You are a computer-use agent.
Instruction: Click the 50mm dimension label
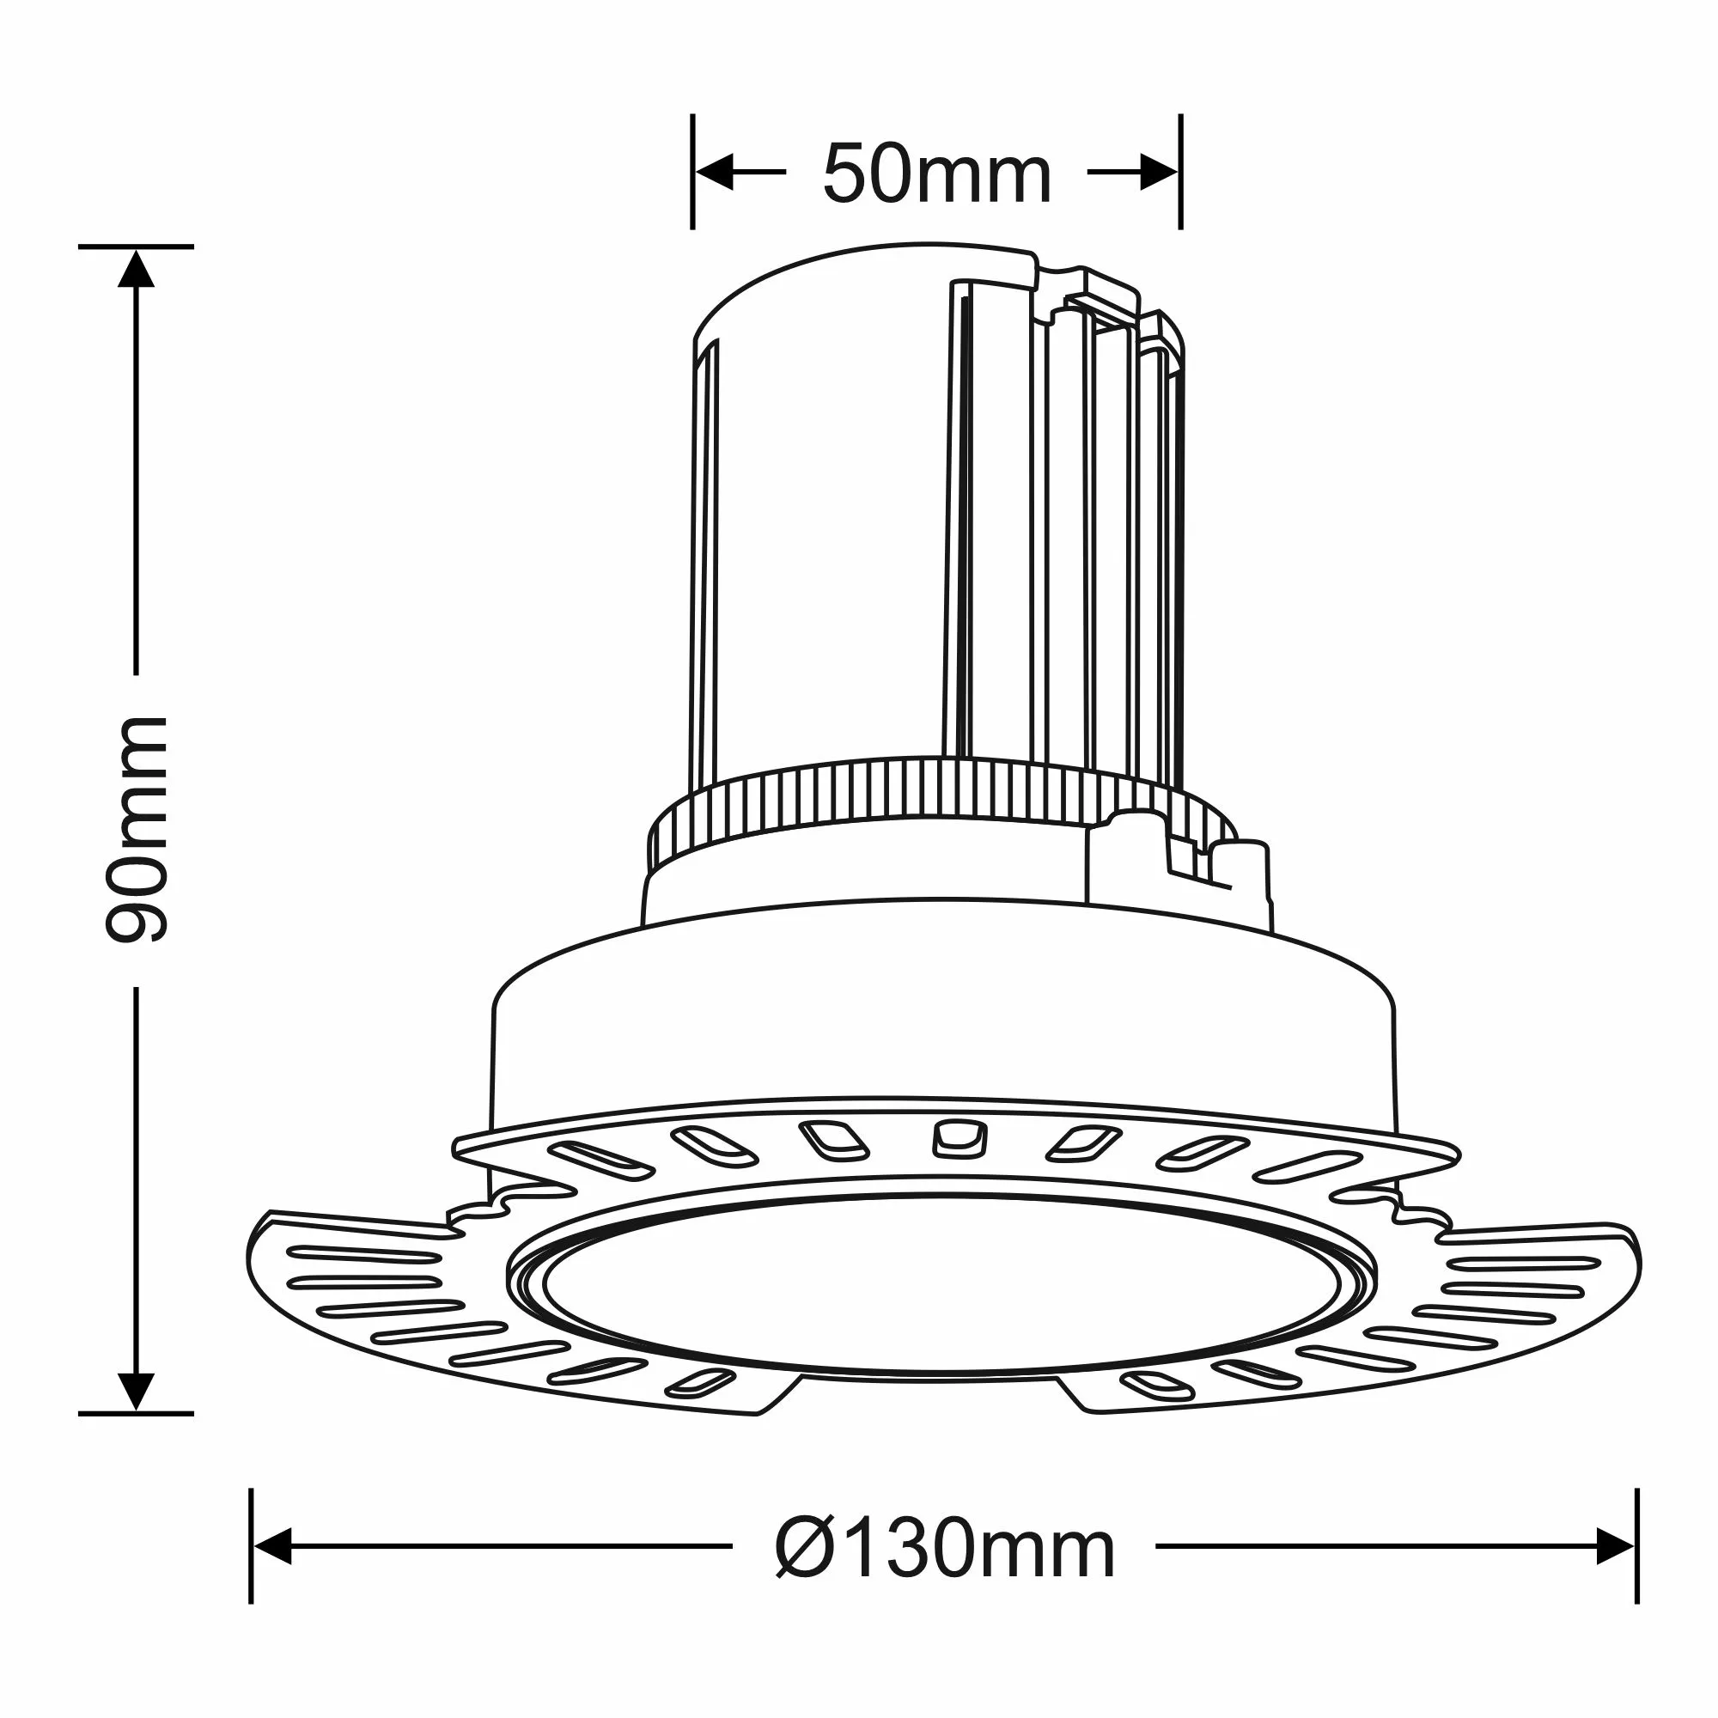click(x=936, y=174)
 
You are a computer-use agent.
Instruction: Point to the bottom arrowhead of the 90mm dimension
click(x=136, y=1392)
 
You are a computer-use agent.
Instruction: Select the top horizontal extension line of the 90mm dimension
click(x=136, y=247)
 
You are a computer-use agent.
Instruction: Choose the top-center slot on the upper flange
click(x=960, y=1139)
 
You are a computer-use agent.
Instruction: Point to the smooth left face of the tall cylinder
click(x=827, y=533)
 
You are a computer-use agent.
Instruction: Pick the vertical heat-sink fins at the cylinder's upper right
click(x=1112, y=533)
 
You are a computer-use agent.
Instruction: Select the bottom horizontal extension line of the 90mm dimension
click(x=136, y=1413)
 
